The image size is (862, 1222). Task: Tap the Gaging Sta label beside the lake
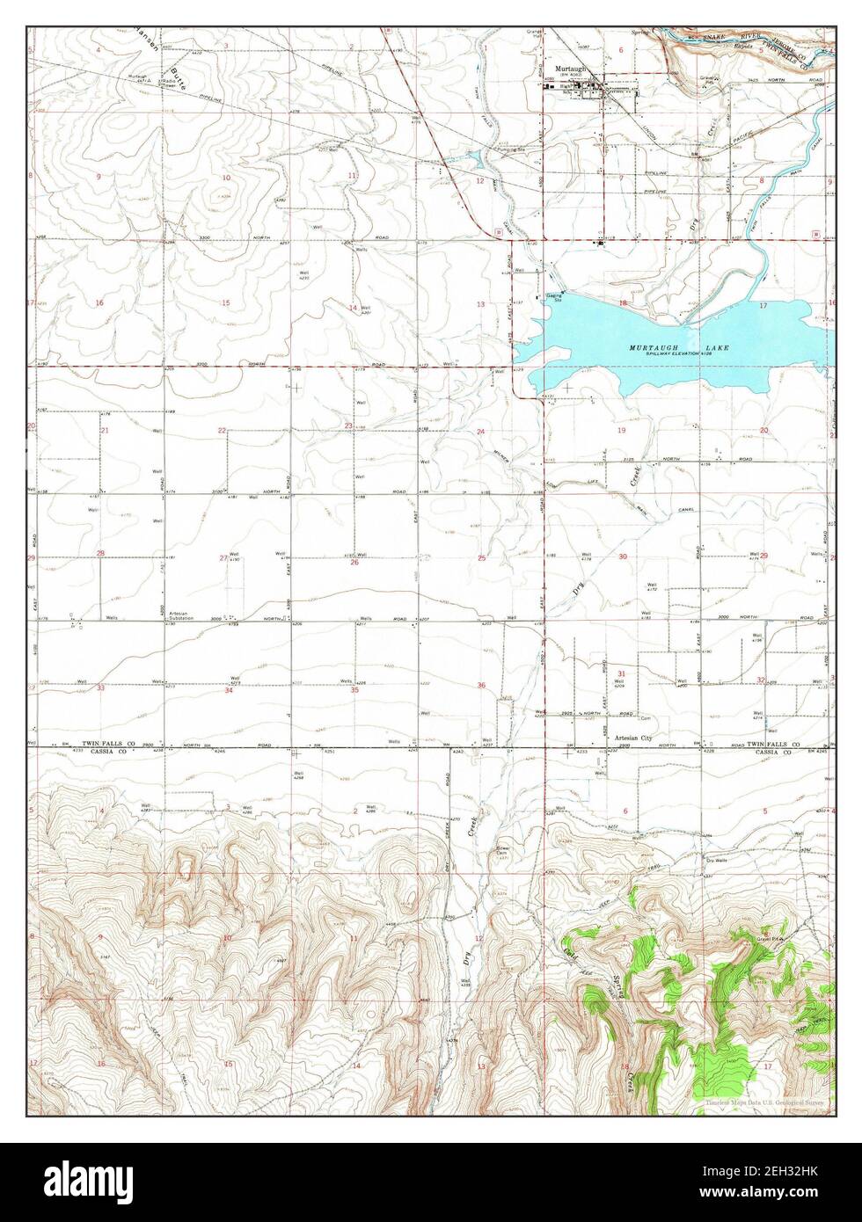click(554, 298)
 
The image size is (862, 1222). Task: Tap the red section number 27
click(223, 557)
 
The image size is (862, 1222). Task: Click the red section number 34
click(229, 690)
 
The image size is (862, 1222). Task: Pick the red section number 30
click(623, 557)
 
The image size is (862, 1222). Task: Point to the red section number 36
click(481, 685)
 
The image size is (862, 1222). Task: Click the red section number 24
click(481, 432)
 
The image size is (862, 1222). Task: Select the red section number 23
click(349, 426)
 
